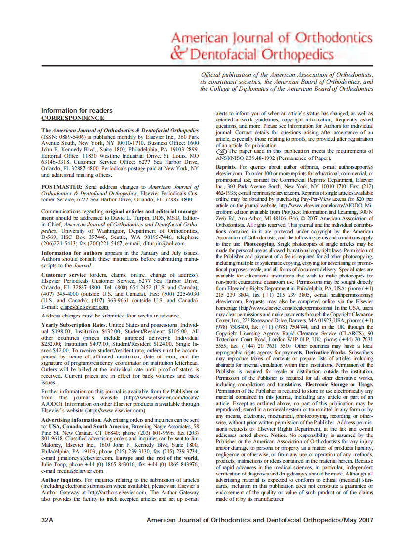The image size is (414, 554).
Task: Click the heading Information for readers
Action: click(77, 110)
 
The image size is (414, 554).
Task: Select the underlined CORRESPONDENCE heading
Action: click(73, 118)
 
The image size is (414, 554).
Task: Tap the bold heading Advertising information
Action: click(72, 420)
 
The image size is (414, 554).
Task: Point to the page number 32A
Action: click(48, 520)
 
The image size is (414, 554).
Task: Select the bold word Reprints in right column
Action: click(227, 168)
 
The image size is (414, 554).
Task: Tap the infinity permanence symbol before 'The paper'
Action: click(221, 152)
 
